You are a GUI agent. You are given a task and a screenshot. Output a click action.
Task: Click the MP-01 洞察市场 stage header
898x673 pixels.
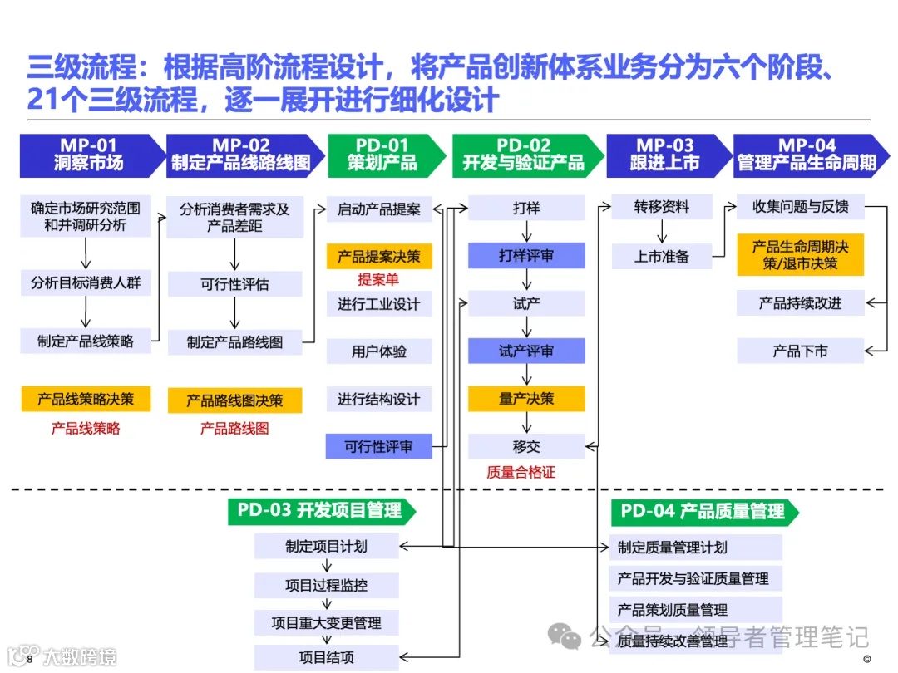[x=90, y=155]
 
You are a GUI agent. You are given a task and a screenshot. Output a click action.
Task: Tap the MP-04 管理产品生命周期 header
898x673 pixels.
[x=806, y=155]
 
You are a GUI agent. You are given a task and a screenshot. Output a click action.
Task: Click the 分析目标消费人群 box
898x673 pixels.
[x=86, y=282]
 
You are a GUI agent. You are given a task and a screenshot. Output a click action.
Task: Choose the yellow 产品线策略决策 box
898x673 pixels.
[x=86, y=400]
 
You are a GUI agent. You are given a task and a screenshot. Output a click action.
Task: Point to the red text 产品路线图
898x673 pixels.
[x=234, y=429]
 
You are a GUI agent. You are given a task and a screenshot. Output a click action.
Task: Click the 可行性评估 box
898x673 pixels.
[x=234, y=284]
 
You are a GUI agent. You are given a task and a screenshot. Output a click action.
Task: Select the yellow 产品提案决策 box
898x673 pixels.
[x=379, y=257]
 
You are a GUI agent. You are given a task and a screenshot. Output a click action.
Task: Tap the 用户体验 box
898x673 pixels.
[x=379, y=351]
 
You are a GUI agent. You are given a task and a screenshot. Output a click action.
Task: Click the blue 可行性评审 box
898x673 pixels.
[x=379, y=447]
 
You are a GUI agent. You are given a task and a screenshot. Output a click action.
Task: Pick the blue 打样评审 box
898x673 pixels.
[x=526, y=256]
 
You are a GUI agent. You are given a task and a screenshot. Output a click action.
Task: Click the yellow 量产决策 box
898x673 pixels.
[x=526, y=399]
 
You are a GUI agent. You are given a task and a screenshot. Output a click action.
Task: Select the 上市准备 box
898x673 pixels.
[x=662, y=257]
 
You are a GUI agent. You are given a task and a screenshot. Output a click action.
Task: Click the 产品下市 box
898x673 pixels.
[x=800, y=351]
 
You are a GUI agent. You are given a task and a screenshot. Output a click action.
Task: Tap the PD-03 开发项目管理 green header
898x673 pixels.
[x=319, y=511]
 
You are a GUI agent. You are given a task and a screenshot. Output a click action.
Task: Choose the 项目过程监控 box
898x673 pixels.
[x=326, y=585]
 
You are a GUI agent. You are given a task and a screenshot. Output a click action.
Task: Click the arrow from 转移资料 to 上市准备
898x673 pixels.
[x=662, y=232]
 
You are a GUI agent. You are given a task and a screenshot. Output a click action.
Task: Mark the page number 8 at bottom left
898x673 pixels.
[x=29, y=659]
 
